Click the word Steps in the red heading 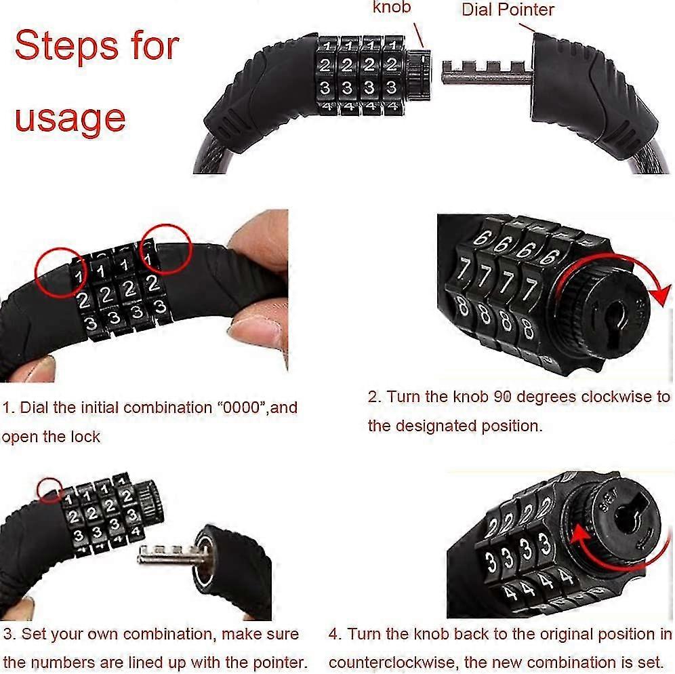coord(66,46)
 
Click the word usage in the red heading coord(70,119)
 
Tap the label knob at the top coord(392,7)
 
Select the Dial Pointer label coord(508,10)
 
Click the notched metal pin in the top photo coord(487,73)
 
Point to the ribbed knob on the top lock coord(419,76)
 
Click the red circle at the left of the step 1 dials coord(61,273)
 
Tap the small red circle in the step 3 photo coord(49,490)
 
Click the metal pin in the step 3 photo coord(169,555)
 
